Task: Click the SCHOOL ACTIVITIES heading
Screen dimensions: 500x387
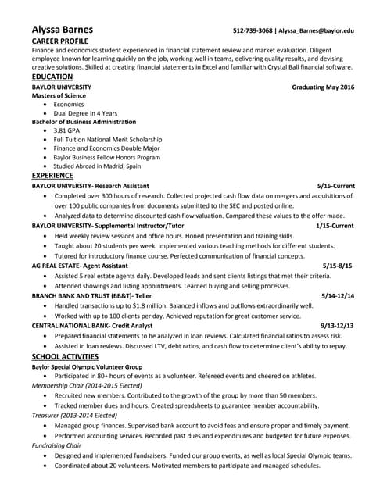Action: (x=66, y=355)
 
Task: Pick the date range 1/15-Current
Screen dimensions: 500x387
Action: (x=335, y=225)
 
